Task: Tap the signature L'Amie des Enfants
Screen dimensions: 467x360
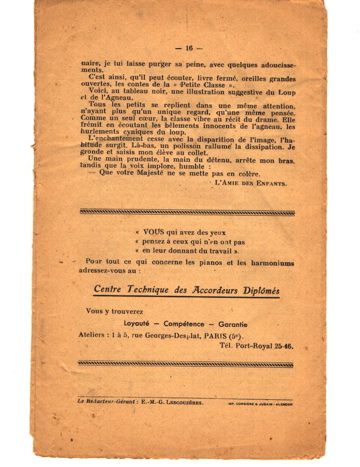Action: [x=250, y=183]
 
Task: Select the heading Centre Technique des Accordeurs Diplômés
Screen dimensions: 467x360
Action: [x=186, y=290]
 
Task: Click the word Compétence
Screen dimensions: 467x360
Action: [x=186, y=324]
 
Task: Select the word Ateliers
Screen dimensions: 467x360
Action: [x=91, y=335]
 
